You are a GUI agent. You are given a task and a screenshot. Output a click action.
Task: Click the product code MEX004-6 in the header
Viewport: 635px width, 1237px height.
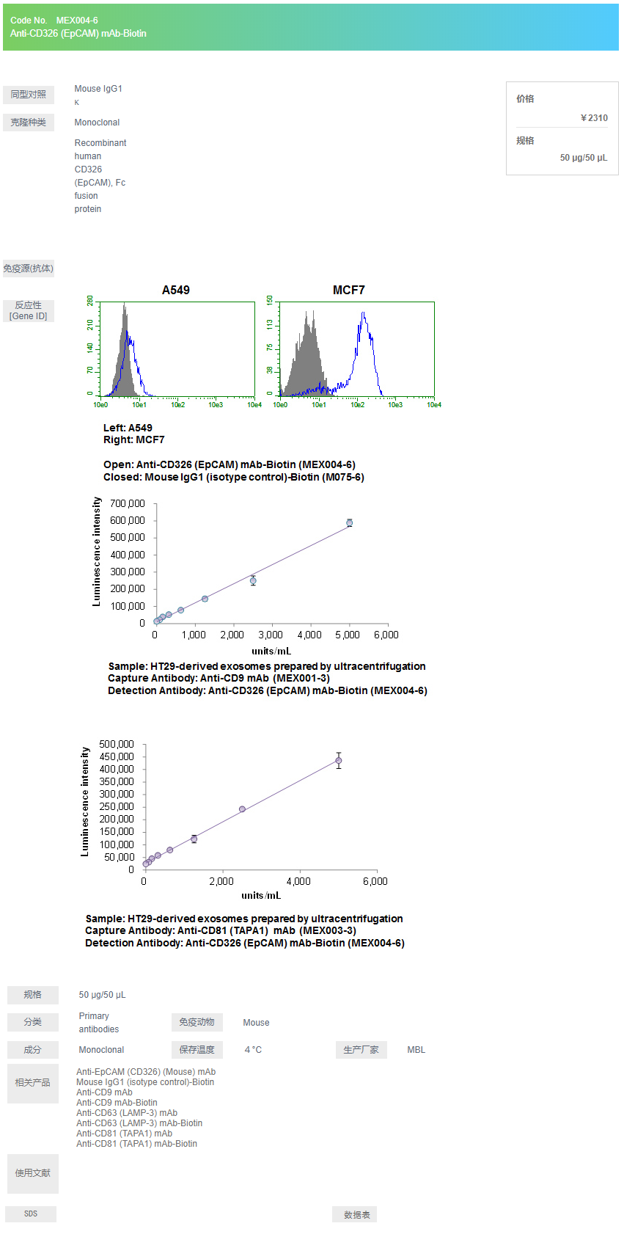77,21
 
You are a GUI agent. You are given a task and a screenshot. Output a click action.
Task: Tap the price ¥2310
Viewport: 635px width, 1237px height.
594,118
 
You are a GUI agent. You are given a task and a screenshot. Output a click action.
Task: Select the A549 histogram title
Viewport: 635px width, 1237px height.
176,291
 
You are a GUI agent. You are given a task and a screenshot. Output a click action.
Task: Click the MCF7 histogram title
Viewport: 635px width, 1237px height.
349,291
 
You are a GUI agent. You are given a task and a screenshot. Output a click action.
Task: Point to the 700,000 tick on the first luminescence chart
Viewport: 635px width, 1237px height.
128,504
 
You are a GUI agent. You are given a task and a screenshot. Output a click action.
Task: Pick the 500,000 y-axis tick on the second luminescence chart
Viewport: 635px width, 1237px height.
117,745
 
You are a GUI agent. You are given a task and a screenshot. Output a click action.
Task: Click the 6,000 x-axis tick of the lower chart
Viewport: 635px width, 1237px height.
375,882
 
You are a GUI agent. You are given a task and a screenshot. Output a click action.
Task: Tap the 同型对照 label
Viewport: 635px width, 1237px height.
29,95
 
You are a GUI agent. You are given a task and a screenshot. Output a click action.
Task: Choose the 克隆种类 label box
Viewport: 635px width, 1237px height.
29,123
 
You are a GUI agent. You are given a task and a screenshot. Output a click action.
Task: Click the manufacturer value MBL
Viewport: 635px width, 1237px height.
416,1051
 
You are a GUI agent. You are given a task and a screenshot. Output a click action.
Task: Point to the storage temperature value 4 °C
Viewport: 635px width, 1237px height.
253,1051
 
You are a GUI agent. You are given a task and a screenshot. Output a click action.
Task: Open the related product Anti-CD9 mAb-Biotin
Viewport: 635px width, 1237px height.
117,1103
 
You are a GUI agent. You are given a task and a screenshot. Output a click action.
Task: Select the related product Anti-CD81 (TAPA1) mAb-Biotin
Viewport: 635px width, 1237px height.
136,1144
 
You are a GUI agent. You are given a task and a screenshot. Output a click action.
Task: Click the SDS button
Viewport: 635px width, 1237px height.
31,1214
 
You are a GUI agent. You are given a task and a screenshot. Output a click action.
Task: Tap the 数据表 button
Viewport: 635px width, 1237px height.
356,1215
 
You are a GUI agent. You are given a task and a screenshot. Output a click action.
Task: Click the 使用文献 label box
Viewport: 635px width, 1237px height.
33,1173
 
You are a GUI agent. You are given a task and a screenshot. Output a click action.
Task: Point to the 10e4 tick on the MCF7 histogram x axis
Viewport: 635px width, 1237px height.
434,405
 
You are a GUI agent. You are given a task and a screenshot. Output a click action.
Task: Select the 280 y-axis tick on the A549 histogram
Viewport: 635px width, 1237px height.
90,302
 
